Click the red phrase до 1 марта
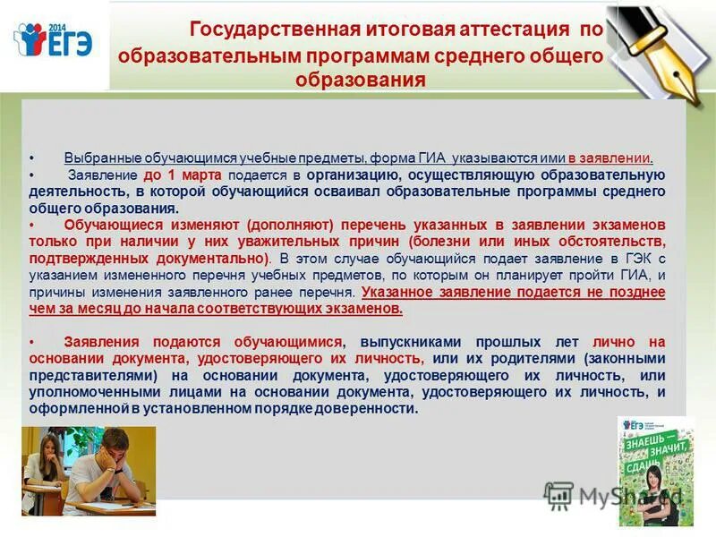(x=182, y=175)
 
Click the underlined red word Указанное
(x=402, y=293)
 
